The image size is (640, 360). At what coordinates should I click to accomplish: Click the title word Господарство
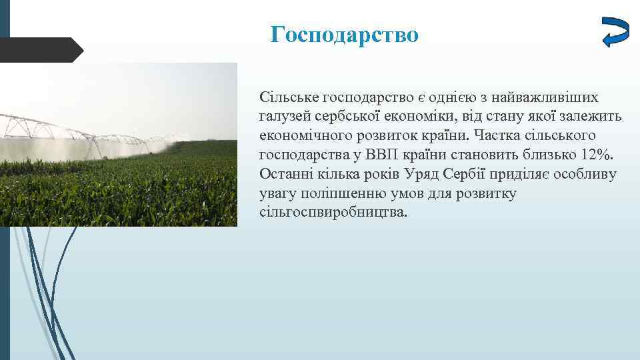345,34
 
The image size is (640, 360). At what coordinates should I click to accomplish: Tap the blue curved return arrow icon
615,31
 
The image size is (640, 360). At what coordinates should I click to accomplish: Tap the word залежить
590,117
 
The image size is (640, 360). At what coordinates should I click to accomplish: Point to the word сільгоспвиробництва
331,213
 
